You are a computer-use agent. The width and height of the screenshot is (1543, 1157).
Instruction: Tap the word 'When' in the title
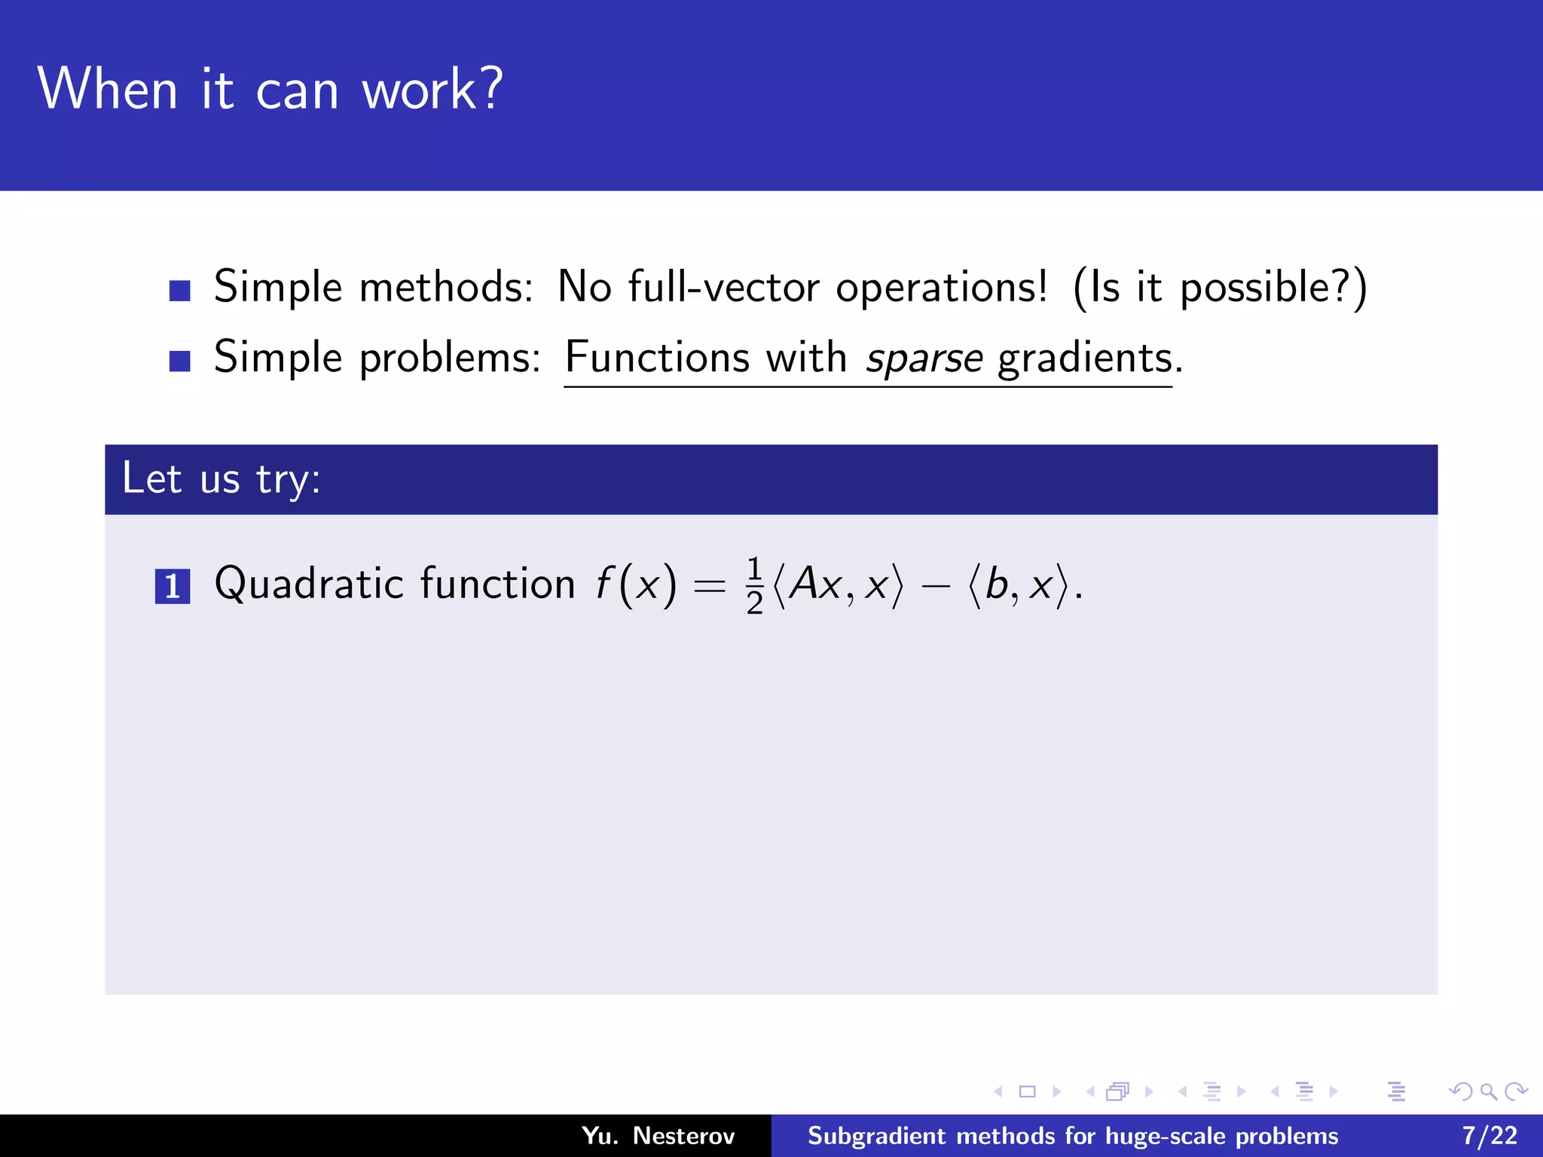coord(107,90)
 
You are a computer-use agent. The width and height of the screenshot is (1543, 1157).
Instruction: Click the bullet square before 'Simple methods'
coord(179,291)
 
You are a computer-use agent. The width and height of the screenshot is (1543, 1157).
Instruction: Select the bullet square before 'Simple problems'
coord(179,361)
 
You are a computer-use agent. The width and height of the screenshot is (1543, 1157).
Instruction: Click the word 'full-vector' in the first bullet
coord(723,287)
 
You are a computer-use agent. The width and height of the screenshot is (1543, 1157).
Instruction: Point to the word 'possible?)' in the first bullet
coord(1273,288)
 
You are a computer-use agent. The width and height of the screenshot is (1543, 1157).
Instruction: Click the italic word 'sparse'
coord(924,358)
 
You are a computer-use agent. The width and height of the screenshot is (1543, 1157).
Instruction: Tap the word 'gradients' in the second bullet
coord(1085,358)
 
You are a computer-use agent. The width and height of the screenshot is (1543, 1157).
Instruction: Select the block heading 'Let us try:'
coord(222,479)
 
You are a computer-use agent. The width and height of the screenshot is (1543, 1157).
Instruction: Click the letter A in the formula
coord(804,584)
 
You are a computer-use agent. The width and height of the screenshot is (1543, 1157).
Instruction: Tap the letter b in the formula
coord(996,584)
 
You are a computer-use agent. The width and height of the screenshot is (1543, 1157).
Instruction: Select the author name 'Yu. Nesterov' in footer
coord(658,1136)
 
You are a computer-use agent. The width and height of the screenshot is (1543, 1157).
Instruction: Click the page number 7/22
coord(1490,1136)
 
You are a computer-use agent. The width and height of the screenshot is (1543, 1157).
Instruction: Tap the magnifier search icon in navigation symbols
coord(1488,1091)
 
